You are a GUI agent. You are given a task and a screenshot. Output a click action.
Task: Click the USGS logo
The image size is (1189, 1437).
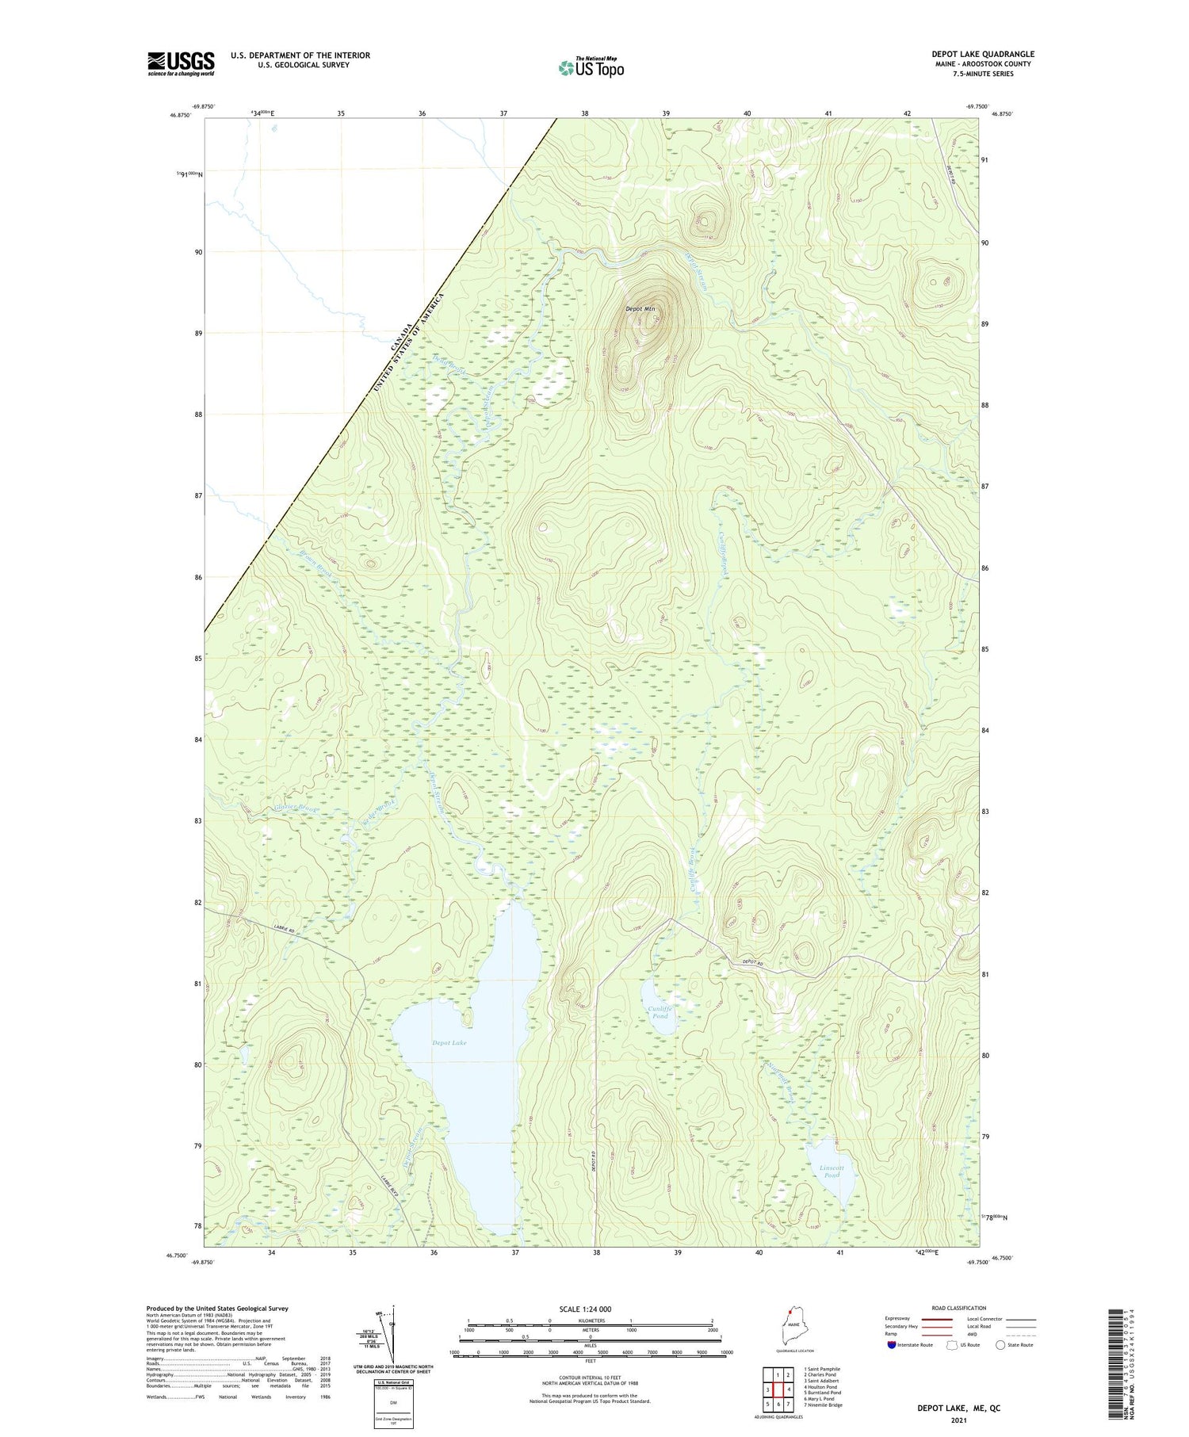[x=181, y=63]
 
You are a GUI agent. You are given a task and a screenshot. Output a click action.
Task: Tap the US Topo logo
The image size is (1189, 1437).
[x=591, y=68]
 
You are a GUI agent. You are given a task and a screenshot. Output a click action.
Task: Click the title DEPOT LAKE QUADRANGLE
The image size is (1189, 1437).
[x=982, y=54]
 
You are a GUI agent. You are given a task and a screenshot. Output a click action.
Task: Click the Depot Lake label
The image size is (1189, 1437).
[x=449, y=1042]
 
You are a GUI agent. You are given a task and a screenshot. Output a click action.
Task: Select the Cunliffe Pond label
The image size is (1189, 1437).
[x=659, y=1012]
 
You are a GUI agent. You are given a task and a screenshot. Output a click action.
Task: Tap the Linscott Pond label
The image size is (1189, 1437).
[x=832, y=1171]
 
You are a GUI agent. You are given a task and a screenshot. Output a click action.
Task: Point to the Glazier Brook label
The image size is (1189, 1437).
[x=296, y=809]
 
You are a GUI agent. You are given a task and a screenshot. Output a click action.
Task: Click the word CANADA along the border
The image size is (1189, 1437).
[x=402, y=338]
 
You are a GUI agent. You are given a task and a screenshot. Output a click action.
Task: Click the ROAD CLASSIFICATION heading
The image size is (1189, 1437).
[x=959, y=1308]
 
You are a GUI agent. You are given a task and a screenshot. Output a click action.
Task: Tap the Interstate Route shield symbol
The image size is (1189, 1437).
[x=892, y=1345]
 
